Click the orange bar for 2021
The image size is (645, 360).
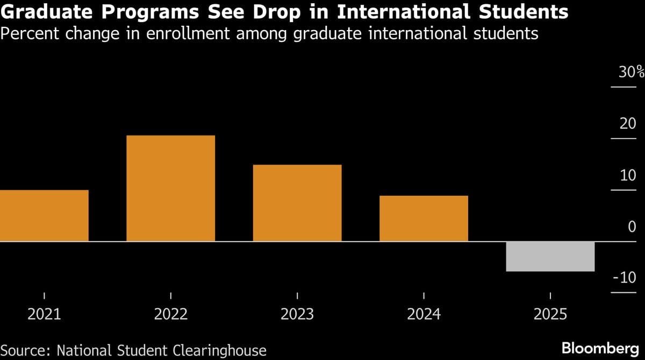coord(44,215)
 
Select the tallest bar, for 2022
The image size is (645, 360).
coord(170,188)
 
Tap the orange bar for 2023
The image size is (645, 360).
coord(297,203)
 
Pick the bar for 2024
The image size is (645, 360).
coord(424,218)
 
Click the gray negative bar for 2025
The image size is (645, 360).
coord(550,256)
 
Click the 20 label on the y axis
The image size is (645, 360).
coord(627,124)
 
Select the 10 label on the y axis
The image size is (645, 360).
coord(627,176)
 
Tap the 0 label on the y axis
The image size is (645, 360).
coord(632,227)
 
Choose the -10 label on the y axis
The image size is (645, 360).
coord(625,278)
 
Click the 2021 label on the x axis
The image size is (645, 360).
coord(44,314)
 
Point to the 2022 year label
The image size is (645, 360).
coord(170,314)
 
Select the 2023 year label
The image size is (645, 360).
coord(297,314)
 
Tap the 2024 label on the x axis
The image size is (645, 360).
coord(424,314)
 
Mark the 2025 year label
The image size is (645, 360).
coord(550,314)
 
